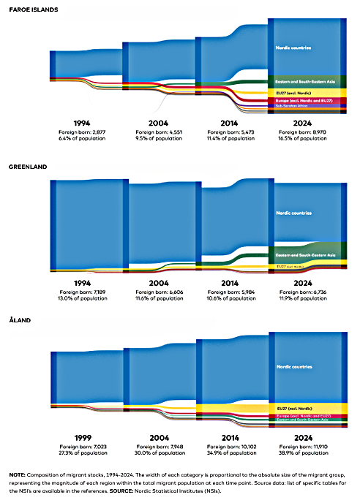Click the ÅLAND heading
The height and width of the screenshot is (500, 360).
(x=20, y=320)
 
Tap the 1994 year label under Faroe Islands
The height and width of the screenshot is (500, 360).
(x=83, y=123)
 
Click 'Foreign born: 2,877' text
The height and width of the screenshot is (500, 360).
(x=83, y=131)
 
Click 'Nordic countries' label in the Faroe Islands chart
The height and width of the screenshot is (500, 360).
(x=293, y=48)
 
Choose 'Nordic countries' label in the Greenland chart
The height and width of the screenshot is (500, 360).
(x=293, y=213)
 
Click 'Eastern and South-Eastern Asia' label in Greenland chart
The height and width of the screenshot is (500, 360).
(x=305, y=255)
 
